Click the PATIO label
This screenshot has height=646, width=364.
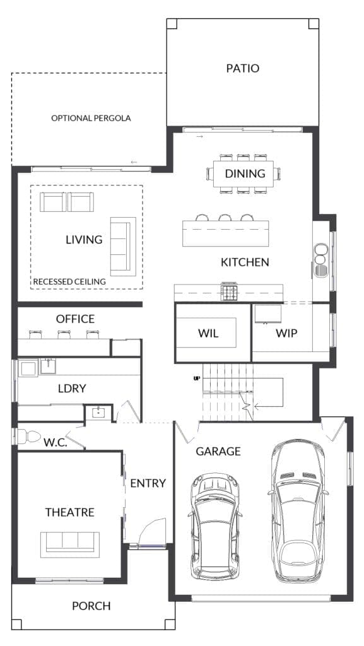(x=242, y=68)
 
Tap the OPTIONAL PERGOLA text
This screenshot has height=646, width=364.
(x=91, y=118)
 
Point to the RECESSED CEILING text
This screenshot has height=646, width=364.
(x=69, y=281)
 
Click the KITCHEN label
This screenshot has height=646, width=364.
(x=245, y=262)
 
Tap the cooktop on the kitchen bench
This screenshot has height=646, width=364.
(x=228, y=291)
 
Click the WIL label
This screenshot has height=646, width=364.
(x=208, y=333)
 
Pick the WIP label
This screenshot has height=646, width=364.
(x=286, y=333)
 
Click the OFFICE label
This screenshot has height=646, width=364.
(x=75, y=319)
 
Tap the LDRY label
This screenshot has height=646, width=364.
(x=71, y=389)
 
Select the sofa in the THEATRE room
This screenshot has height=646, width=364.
(x=69, y=542)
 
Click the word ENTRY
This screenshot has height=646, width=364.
(x=148, y=483)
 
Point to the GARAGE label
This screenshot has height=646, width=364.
(x=218, y=451)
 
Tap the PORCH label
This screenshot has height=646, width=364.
(x=91, y=606)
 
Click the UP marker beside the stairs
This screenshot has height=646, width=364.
(x=197, y=379)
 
